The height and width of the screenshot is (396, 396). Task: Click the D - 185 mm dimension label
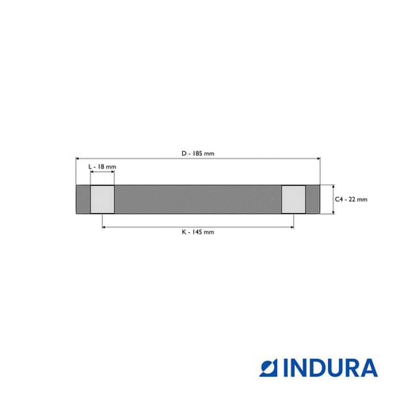click(198, 154)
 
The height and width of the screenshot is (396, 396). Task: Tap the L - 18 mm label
click(102, 166)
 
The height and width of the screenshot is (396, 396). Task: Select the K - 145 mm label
click(198, 232)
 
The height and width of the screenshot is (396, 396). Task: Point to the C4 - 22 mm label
click(351, 200)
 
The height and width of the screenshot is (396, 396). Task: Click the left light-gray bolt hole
click(102, 200)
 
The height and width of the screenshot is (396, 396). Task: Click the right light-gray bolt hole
click(294, 200)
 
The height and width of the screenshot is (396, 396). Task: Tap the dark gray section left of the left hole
click(83, 200)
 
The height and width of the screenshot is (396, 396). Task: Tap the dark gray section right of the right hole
click(313, 200)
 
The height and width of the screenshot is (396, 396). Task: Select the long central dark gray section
click(198, 200)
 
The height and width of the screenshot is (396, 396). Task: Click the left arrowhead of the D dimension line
click(77, 158)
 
